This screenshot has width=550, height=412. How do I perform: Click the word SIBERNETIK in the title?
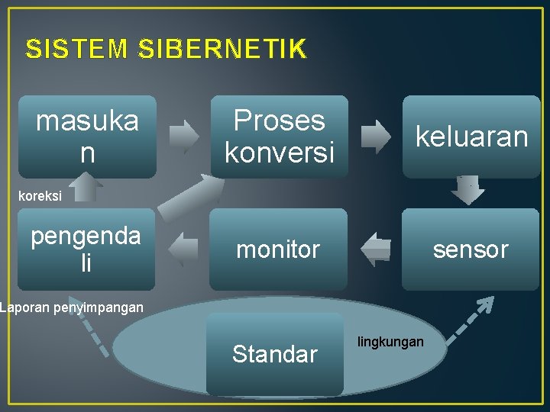pos(222,50)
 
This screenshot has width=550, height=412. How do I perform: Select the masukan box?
pos(87,137)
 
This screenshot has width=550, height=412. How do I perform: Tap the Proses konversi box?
pos(279,137)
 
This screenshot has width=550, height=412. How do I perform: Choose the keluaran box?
pos(471,137)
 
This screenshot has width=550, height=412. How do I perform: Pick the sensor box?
pos(471,249)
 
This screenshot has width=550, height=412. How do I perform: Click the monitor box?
pos(278,249)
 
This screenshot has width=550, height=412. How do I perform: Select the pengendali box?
pos(86,249)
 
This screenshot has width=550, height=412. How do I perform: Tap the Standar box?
pos(275,354)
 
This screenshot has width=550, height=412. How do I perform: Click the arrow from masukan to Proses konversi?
pos(184,137)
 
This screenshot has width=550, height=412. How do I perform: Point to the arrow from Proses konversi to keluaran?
pos(375,137)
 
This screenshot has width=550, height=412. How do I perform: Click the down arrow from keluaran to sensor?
pos(467,191)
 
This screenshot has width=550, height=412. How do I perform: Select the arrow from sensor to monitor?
pos(375,249)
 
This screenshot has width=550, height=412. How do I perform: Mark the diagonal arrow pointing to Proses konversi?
pos(189,197)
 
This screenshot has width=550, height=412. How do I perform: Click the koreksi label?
pos(40,196)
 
